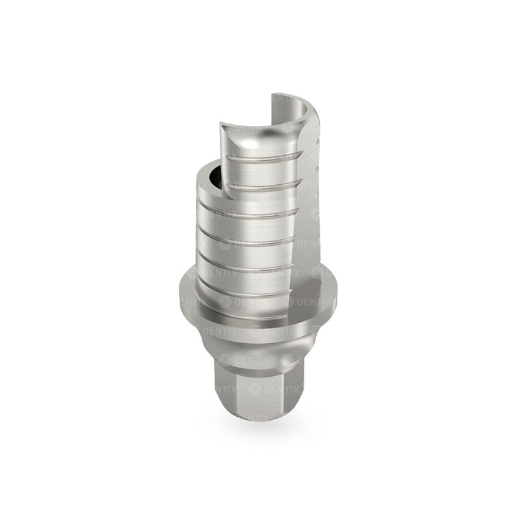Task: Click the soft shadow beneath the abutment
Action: point(258,430)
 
